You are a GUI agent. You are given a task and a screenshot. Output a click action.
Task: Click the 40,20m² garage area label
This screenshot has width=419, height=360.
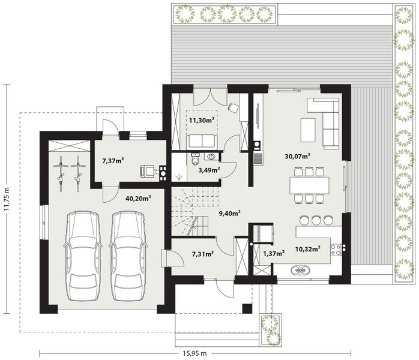(138, 197)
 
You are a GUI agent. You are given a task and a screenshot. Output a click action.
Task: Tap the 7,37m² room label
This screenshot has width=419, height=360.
(113, 161)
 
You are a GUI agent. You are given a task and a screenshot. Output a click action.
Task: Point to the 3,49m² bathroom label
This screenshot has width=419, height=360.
(208, 170)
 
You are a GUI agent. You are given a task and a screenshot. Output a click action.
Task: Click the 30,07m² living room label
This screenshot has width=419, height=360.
(297, 156)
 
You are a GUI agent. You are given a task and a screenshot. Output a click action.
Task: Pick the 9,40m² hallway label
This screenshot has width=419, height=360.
(229, 212)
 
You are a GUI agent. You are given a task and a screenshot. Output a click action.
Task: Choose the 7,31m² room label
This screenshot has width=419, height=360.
(202, 254)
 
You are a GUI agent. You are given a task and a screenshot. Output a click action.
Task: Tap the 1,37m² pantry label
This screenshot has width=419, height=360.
(273, 254)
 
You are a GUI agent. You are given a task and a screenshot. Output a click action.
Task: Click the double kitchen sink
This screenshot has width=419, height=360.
(300, 271)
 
